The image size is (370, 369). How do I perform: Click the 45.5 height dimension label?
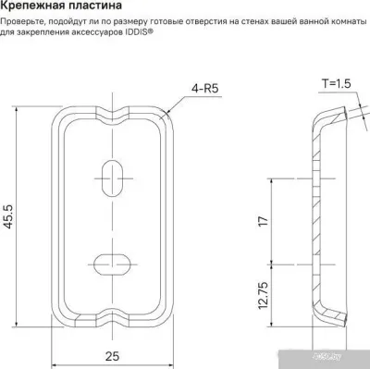(8, 216)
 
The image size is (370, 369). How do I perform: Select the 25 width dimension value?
(112, 356)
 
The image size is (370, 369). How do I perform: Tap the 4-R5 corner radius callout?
(204, 89)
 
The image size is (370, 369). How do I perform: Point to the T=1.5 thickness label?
(337, 83)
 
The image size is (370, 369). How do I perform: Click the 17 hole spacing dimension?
(264, 221)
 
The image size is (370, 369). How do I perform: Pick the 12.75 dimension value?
(264, 295)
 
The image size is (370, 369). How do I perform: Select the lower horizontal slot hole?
(112, 264)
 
